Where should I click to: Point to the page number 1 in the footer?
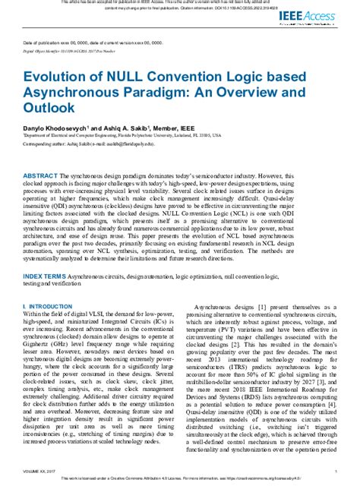pyautogui.click(x=333, y=472)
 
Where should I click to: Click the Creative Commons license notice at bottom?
pyautogui.click(x=179, y=482)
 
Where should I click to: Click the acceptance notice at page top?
pyautogui.click(x=179, y=5)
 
